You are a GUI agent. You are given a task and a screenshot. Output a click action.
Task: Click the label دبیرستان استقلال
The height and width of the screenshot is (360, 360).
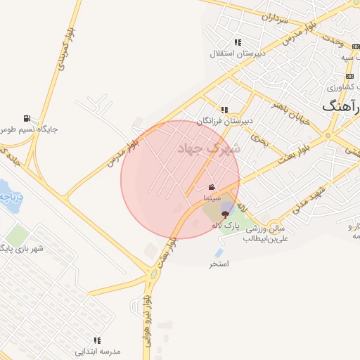coord(237,53)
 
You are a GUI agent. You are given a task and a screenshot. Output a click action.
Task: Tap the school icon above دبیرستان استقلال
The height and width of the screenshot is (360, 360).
coord(238,42)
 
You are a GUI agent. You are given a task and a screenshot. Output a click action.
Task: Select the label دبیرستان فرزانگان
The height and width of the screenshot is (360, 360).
coord(224,121)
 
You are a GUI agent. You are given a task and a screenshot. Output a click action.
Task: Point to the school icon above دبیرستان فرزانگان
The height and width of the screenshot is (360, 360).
coord(224,110)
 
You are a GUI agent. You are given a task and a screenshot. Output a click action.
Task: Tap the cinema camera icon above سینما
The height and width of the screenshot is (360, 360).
coord(212,188)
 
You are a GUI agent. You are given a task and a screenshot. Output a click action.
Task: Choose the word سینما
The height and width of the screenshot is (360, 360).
coord(212,199)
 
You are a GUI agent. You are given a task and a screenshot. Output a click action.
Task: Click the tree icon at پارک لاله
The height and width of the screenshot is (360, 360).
coord(225,214)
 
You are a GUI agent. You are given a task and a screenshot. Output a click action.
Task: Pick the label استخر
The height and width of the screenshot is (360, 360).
coord(219,264)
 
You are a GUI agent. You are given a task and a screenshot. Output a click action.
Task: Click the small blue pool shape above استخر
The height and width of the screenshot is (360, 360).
coord(219,252)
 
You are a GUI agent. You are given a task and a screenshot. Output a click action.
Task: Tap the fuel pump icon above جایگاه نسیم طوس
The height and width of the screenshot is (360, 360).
coord(27,118)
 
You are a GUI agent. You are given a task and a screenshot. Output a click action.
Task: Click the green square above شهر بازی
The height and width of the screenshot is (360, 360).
coord(16,236)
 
